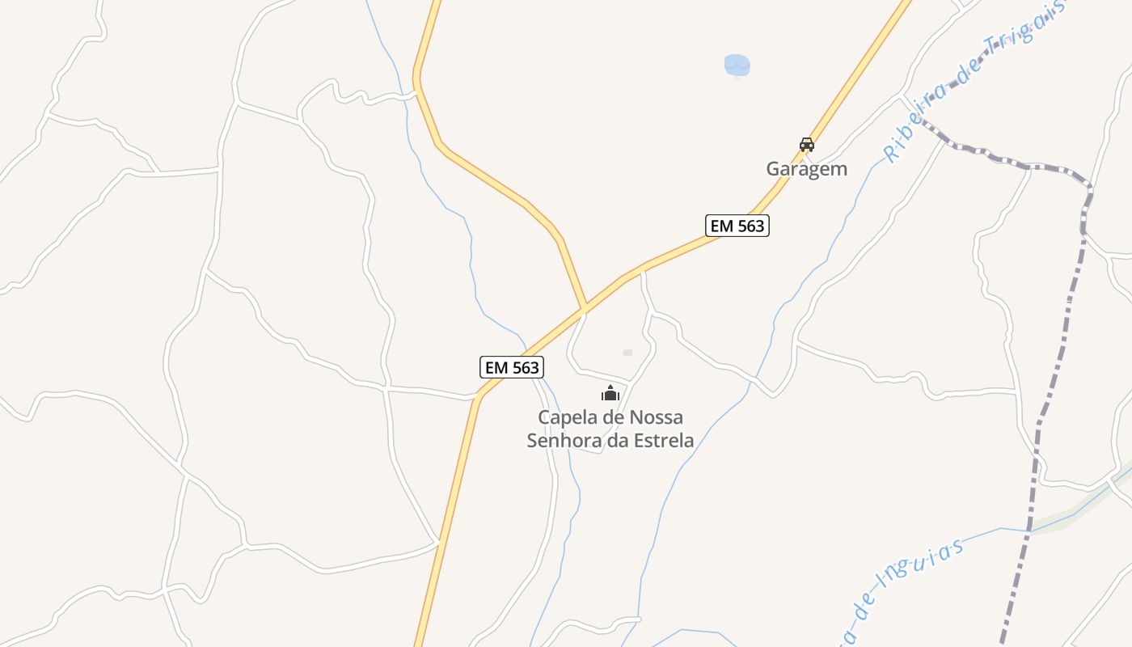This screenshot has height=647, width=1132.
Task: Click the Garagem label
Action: click(x=806, y=169)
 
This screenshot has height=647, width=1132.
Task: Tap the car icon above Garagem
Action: click(x=806, y=145)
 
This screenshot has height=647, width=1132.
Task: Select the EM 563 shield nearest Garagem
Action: click(x=737, y=226)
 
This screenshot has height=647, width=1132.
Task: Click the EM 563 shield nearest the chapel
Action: click(x=511, y=367)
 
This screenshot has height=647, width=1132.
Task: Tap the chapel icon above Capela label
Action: click(x=610, y=394)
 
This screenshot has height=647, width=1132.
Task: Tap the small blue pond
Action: click(x=737, y=65)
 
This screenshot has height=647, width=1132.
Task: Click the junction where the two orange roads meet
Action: click(x=584, y=309)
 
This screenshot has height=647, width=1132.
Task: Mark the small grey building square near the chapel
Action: click(x=627, y=353)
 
